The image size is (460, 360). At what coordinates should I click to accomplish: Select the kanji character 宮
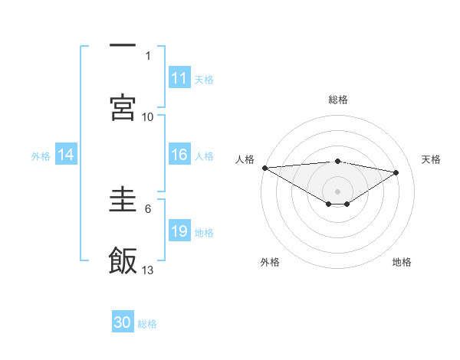(x=123, y=106)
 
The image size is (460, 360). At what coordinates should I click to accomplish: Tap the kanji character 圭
(x=123, y=198)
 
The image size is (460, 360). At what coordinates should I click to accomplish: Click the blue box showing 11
(x=179, y=78)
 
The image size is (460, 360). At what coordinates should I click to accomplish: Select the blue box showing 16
(x=179, y=155)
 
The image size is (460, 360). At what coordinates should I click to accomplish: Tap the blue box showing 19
(x=179, y=231)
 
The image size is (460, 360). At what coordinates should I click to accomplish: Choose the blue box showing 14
(x=66, y=155)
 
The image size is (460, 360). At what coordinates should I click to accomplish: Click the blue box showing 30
(x=123, y=322)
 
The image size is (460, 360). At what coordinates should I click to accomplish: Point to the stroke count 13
(x=148, y=270)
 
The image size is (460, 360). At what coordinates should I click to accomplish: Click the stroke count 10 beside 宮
(x=148, y=116)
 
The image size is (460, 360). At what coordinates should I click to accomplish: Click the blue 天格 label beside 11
(x=204, y=79)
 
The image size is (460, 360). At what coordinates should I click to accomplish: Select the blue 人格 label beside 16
(x=204, y=155)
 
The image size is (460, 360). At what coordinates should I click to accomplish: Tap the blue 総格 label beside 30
(x=147, y=323)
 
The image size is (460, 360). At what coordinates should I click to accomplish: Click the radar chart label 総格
(x=337, y=100)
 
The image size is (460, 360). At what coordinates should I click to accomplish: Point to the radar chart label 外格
(x=270, y=262)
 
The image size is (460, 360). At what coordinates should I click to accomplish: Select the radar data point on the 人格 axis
(x=264, y=168)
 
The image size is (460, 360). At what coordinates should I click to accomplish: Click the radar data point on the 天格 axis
(x=396, y=172)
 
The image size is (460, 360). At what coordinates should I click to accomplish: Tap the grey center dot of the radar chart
(x=337, y=191)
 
